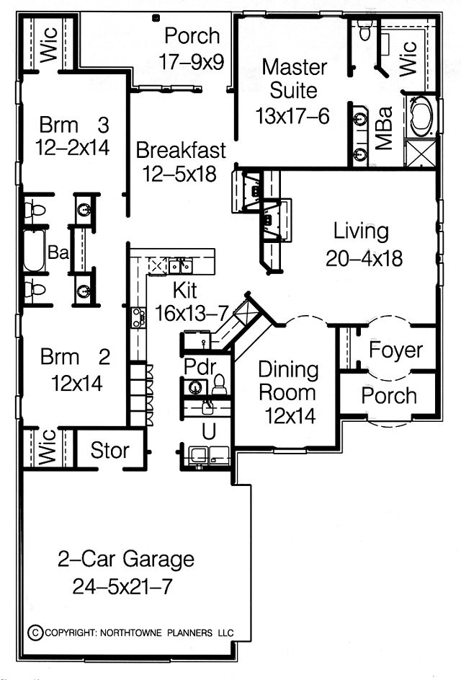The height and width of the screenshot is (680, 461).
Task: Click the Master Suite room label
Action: (x=294, y=79)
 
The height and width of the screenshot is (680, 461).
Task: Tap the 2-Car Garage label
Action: (x=125, y=559)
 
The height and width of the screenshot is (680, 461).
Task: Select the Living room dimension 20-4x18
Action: (x=364, y=258)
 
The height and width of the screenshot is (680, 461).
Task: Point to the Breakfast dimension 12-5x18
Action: (x=179, y=175)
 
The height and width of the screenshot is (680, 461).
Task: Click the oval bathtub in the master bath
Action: (x=421, y=115)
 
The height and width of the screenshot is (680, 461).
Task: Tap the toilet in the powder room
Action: (x=220, y=384)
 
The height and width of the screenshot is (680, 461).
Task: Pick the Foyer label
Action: (x=395, y=350)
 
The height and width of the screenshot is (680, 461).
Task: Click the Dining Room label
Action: (x=287, y=381)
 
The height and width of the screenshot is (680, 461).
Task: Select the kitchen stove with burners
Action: (x=138, y=317)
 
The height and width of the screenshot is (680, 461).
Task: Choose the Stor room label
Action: (x=109, y=451)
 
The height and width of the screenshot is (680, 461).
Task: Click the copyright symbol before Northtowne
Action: (x=35, y=632)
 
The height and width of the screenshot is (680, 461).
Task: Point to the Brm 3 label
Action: (x=73, y=125)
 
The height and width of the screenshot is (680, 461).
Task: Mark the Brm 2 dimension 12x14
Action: (x=76, y=384)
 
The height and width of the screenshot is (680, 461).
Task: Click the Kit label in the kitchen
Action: (x=185, y=290)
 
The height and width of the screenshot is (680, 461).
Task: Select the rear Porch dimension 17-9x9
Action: (x=191, y=61)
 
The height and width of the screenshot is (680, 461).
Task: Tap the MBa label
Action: (x=384, y=128)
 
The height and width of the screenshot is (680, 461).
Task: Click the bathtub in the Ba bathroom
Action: (x=34, y=251)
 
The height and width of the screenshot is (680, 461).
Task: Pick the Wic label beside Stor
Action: (x=48, y=447)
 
